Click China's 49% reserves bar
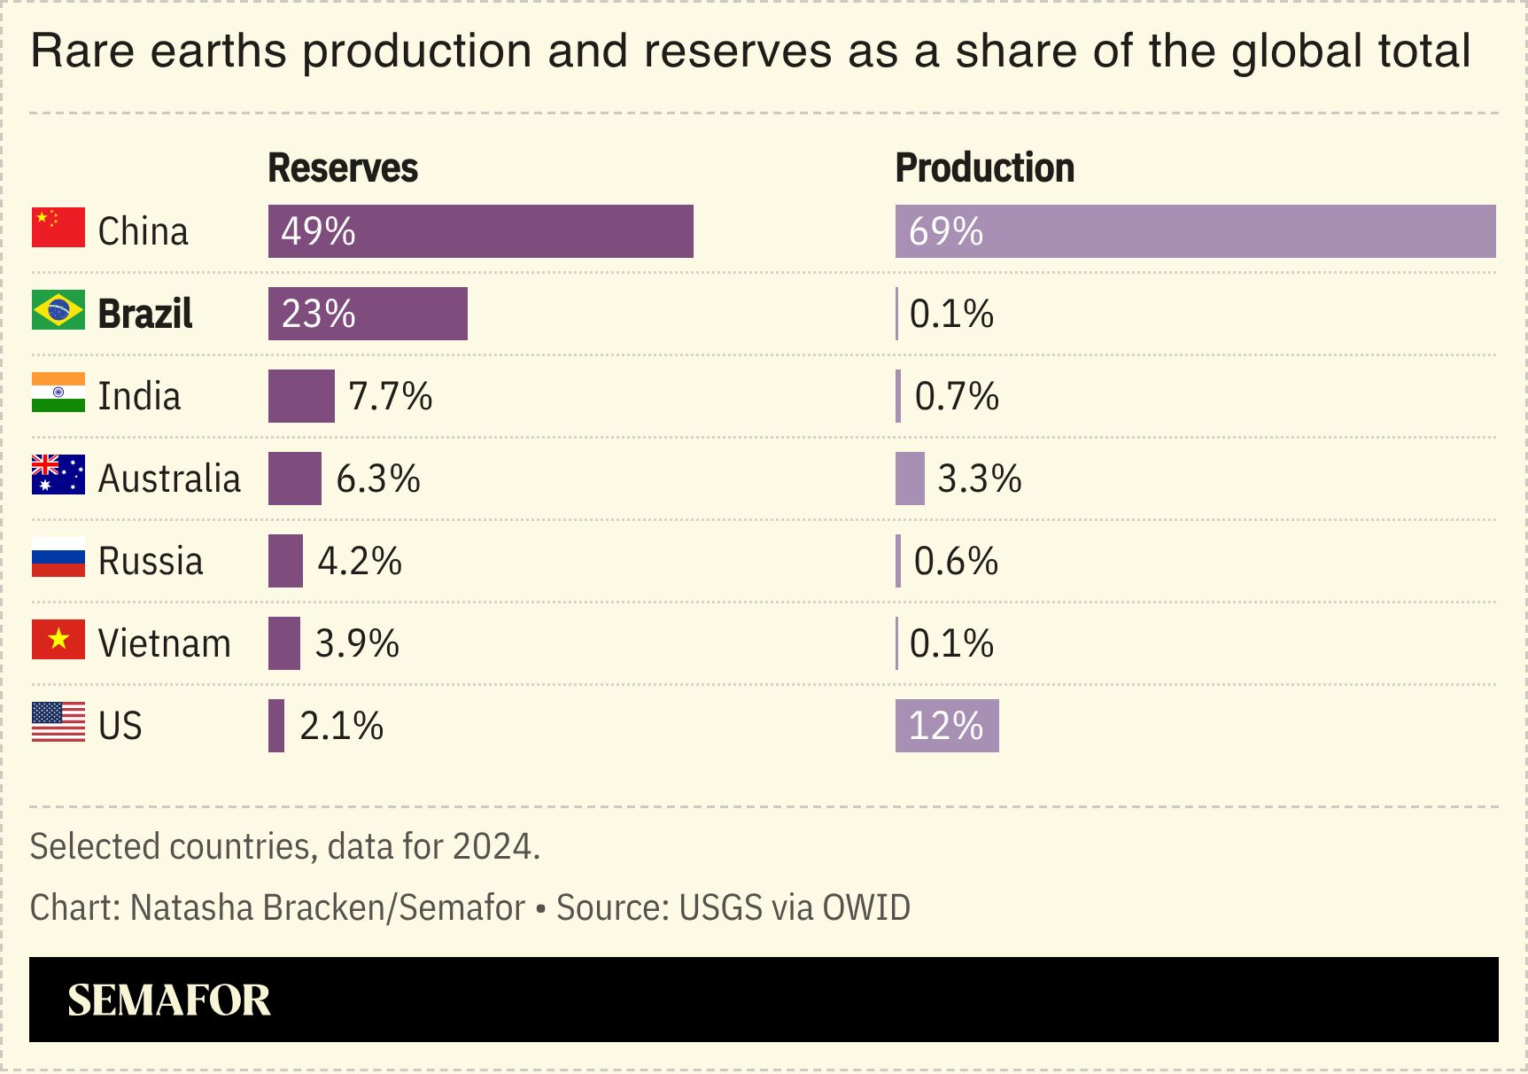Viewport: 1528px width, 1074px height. point(480,231)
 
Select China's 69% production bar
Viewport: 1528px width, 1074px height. point(1194,231)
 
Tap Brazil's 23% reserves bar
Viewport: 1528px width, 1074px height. point(368,314)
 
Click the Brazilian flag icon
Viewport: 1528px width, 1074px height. point(58,310)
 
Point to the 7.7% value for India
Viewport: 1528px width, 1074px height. point(390,396)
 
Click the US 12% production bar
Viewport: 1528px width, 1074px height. point(946,726)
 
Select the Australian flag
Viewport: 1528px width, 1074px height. point(58,475)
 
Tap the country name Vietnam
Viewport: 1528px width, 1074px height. point(164,643)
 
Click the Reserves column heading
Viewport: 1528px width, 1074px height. point(343,167)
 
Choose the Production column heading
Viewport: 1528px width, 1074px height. point(984,167)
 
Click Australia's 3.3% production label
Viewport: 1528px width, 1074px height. point(979,479)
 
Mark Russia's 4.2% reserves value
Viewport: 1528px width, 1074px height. point(360,561)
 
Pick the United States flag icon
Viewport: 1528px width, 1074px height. point(58,722)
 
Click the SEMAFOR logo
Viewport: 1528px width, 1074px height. point(168,1000)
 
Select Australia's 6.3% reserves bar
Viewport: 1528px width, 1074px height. point(294,479)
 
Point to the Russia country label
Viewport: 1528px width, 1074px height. point(151,561)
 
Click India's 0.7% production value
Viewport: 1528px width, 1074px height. point(957,396)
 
